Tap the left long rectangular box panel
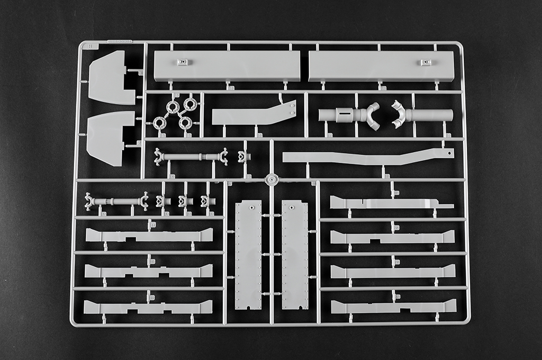(227, 66)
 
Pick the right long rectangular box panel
(381, 66)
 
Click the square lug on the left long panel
(183, 62)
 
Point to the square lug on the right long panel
(425, 62)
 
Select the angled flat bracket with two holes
(253, 114)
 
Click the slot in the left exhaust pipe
(345, 113)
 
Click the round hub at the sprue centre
(272, 180)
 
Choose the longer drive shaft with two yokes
(191, 157)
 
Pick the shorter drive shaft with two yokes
(116, 201)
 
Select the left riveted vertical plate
(248, 254)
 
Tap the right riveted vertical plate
(295, 254)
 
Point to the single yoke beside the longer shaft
(243, 157)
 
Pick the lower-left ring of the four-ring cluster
(159, 123)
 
